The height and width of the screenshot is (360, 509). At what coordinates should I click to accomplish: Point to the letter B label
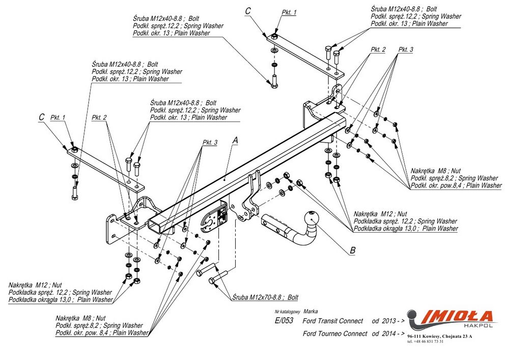[352, 250]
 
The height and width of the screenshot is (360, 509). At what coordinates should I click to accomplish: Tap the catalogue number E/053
[283, 321]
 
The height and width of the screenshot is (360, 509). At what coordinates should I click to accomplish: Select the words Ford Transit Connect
[333, 321]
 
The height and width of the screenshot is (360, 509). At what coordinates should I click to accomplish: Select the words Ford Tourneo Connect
[334, 334]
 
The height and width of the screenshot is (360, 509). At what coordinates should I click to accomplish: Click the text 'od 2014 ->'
[388, 334]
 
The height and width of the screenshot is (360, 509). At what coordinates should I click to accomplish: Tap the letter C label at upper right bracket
[248, 10]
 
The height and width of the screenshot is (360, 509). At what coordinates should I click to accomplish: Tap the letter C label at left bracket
[42, 117]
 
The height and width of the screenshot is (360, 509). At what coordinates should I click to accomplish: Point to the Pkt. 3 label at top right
[406, 49]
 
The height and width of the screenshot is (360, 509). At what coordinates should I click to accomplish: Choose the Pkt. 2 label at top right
[378, 49]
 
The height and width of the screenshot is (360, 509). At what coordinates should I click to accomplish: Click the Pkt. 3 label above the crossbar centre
[210, 142]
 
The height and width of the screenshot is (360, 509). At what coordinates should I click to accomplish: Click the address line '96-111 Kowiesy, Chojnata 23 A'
[440, 336]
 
